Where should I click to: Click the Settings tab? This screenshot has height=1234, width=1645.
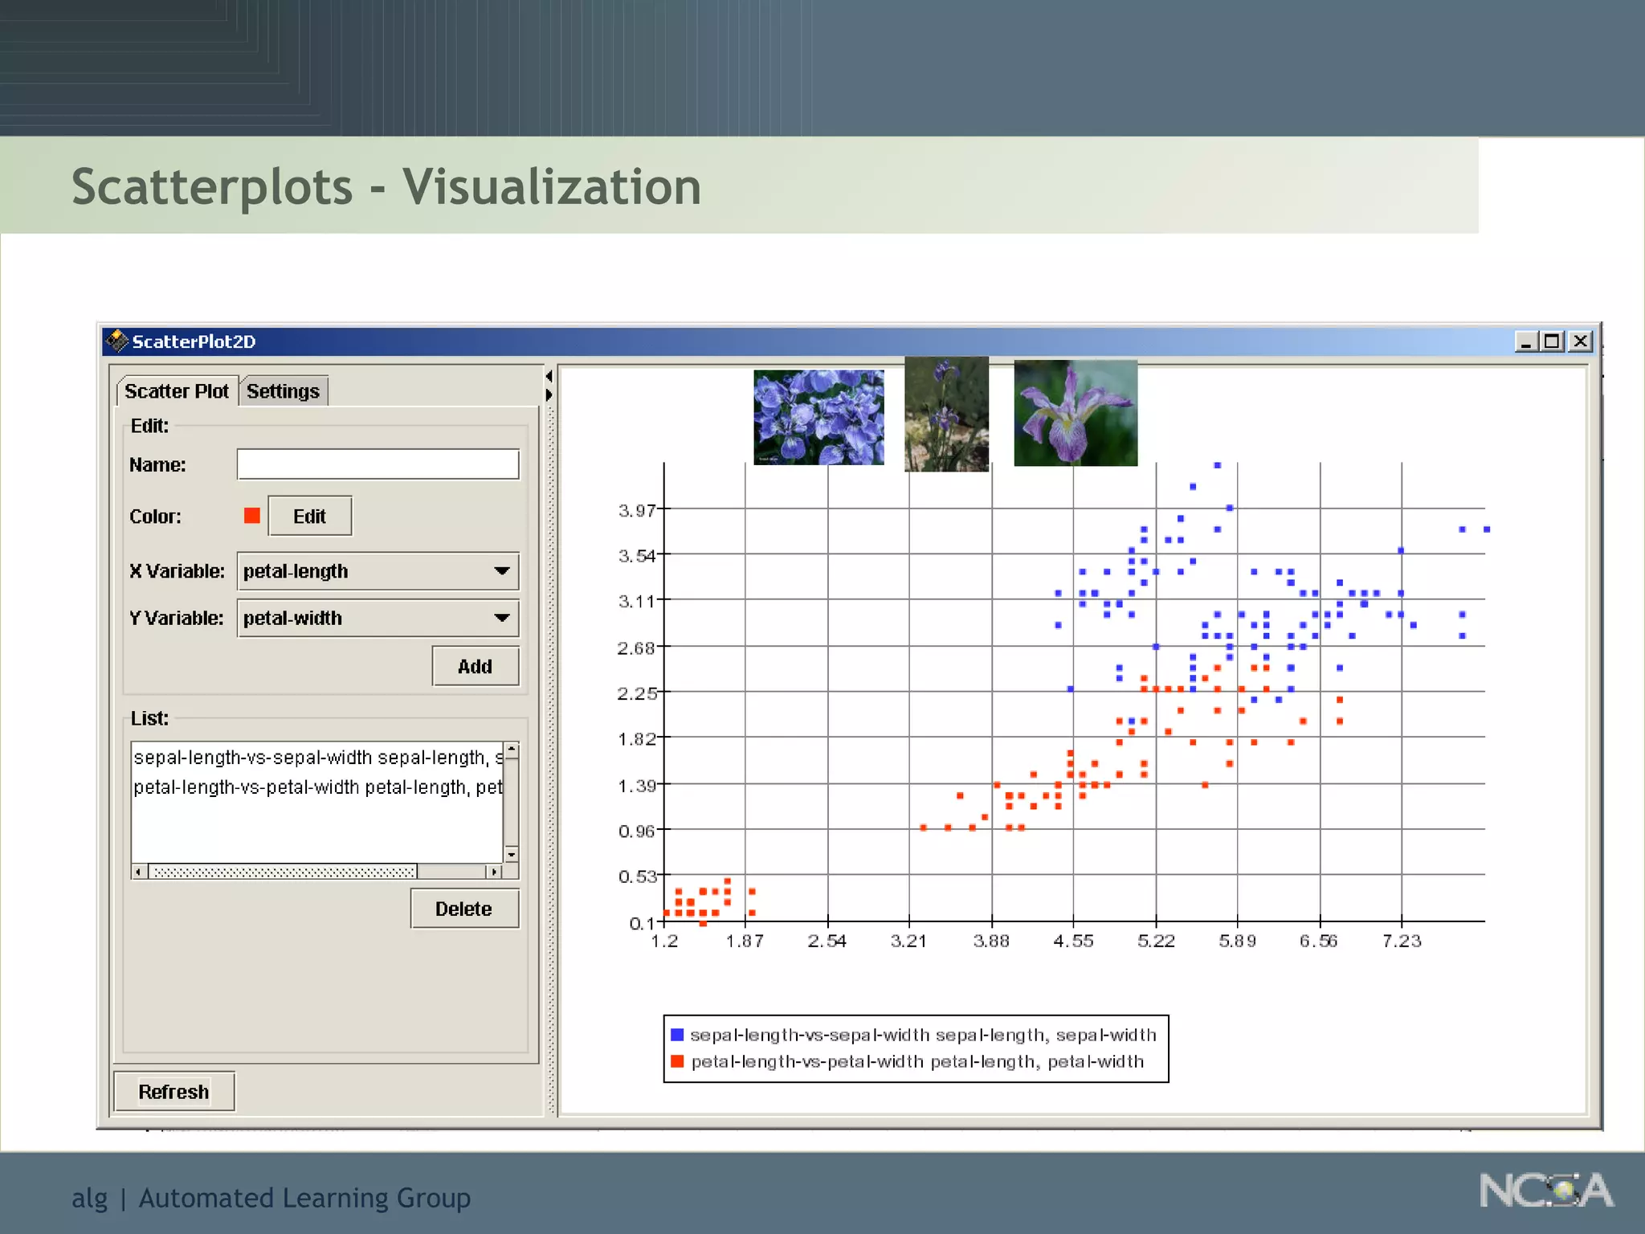click(283, 391)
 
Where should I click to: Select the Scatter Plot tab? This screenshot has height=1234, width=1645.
click(177, 391)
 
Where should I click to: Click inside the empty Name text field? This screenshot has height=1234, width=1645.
click(378, 464)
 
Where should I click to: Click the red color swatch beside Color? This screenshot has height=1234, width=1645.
click(252, 516)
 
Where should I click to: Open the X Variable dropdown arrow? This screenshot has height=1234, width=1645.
click(502, 571)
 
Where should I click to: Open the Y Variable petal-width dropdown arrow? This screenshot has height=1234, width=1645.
click(502, 618)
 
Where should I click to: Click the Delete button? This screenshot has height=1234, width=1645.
click(463, 909)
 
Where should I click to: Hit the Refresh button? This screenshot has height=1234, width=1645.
click(173, 1092)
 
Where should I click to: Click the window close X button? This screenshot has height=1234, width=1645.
click(1580, 341)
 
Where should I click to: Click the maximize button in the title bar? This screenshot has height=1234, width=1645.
click(1552, 341)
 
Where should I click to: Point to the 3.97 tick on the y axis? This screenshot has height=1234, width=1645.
click(637, 510)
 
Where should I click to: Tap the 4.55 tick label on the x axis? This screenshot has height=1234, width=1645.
click(1073, 941)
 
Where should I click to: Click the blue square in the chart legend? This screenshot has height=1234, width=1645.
click(677, 1035)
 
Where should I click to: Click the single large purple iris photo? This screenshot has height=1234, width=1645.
click(1076, 413)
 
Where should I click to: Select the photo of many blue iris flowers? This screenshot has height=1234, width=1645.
click(818, 417)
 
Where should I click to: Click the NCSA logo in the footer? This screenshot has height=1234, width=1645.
click(1545, 1191)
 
